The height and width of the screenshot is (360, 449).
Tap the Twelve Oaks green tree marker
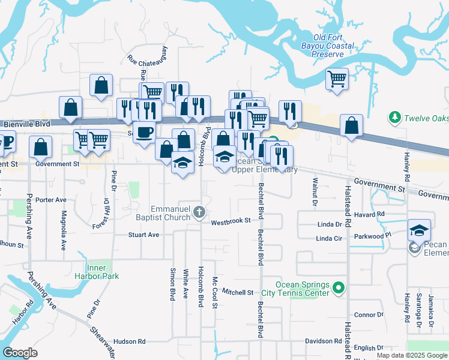pos(395,116)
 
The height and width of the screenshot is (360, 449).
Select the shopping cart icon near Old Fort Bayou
pos(337,79)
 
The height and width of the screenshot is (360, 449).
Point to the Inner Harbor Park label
pos(103,272)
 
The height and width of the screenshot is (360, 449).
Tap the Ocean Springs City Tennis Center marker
pos(339,289)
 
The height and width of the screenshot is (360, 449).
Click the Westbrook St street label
pos(231,221)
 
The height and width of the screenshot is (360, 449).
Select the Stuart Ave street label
pos(143,235)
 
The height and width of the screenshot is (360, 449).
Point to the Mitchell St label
pos(238,292)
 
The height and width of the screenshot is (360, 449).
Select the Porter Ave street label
pos(50,200)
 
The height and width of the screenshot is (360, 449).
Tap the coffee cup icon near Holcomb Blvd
pos(144,131)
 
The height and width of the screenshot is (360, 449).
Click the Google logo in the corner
pos(20,353)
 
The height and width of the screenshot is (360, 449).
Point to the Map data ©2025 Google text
pos(411,355)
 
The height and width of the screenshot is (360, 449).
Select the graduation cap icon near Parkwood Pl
pos(419,230)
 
